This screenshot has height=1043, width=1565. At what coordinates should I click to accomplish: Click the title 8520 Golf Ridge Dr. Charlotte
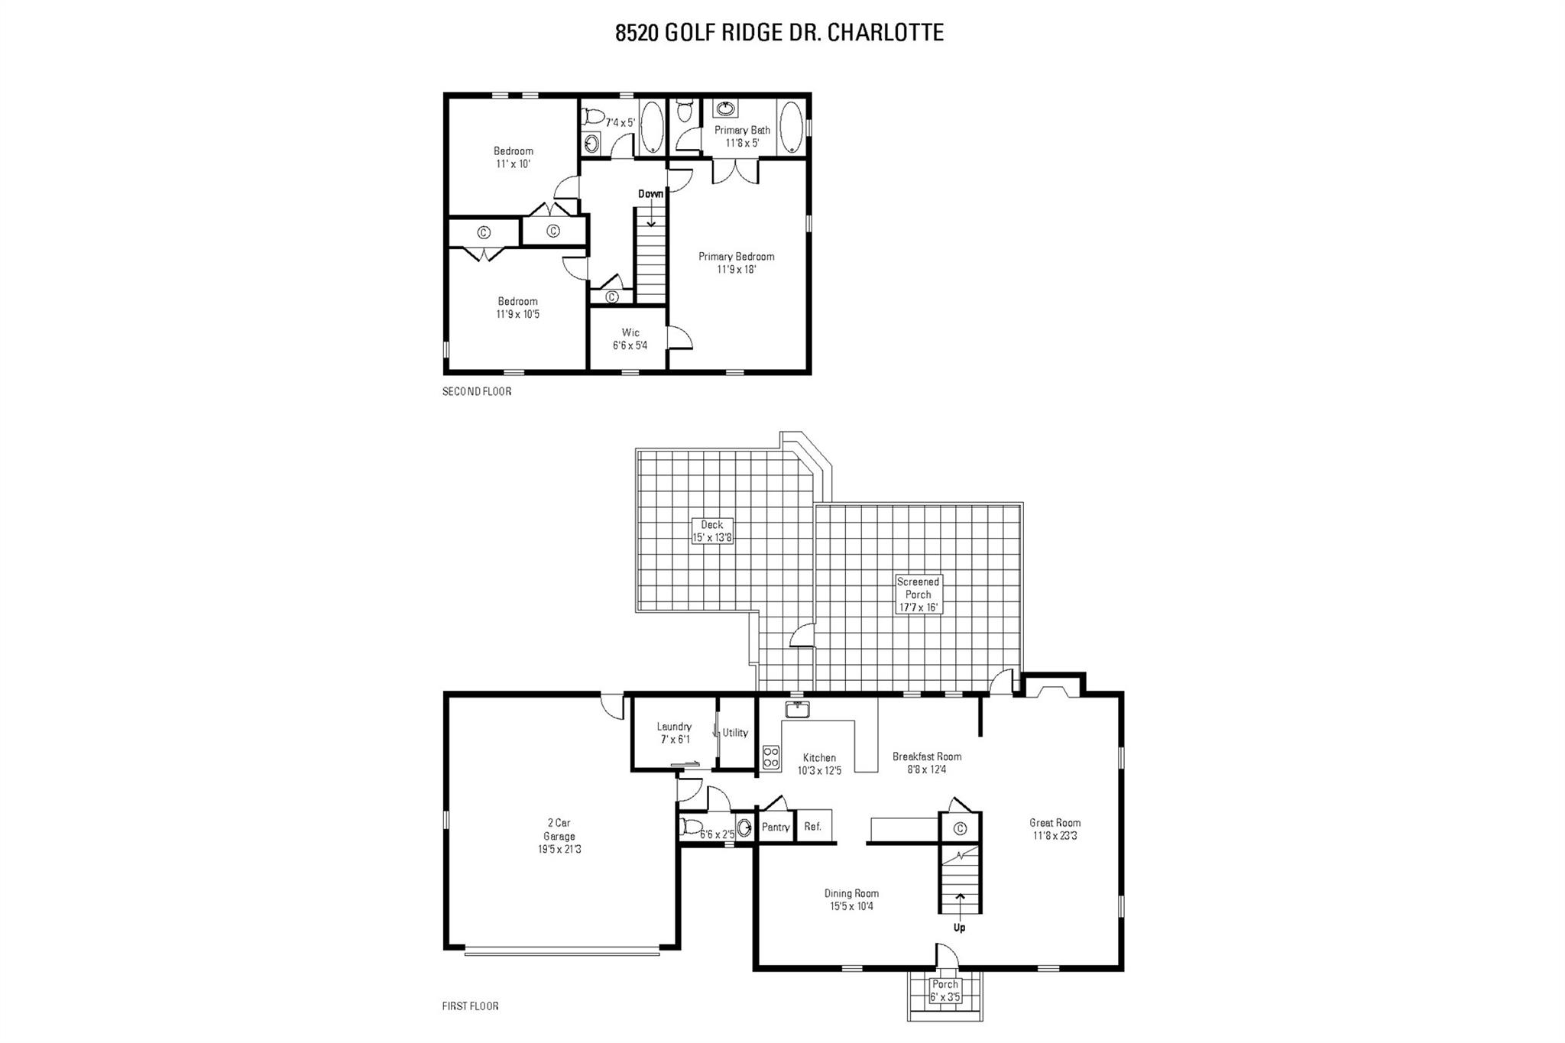click(779, 33)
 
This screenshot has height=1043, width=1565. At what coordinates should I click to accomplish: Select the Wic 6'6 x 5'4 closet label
click(630, 339)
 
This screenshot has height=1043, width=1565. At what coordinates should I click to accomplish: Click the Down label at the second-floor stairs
click(650, 194)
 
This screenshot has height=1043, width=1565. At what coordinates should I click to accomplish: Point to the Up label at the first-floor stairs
click(959, 928)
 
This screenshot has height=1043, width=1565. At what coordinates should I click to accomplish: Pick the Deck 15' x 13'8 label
click(711, 531)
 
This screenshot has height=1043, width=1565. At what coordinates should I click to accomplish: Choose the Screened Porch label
click(918, 594)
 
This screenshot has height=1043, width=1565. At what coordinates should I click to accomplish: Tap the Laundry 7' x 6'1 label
click(673, 733)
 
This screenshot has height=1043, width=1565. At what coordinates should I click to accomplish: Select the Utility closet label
click(735, 733)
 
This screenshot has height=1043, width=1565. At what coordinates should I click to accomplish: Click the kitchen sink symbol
click(797, 711)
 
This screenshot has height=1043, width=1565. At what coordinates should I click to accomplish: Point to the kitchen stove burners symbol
click(770, 756)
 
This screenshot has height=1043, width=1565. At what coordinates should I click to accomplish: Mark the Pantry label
click(776, 828)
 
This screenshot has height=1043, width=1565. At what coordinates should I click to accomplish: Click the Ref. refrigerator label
click(812, 827)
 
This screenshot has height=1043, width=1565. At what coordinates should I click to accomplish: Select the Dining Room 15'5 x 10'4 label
click(851, 899)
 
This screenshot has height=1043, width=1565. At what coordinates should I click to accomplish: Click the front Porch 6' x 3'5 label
click(945, 991)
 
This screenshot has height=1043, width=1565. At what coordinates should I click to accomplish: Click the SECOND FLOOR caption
click(477, 391)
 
